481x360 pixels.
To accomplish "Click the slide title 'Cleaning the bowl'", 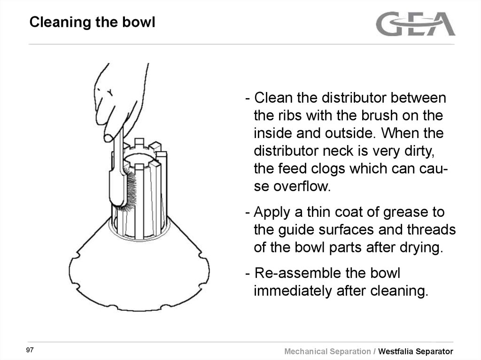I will [x=92, y=22].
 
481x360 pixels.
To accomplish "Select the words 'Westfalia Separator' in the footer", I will [x=416, y=351].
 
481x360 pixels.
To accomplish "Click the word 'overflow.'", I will [x=292, y=186].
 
